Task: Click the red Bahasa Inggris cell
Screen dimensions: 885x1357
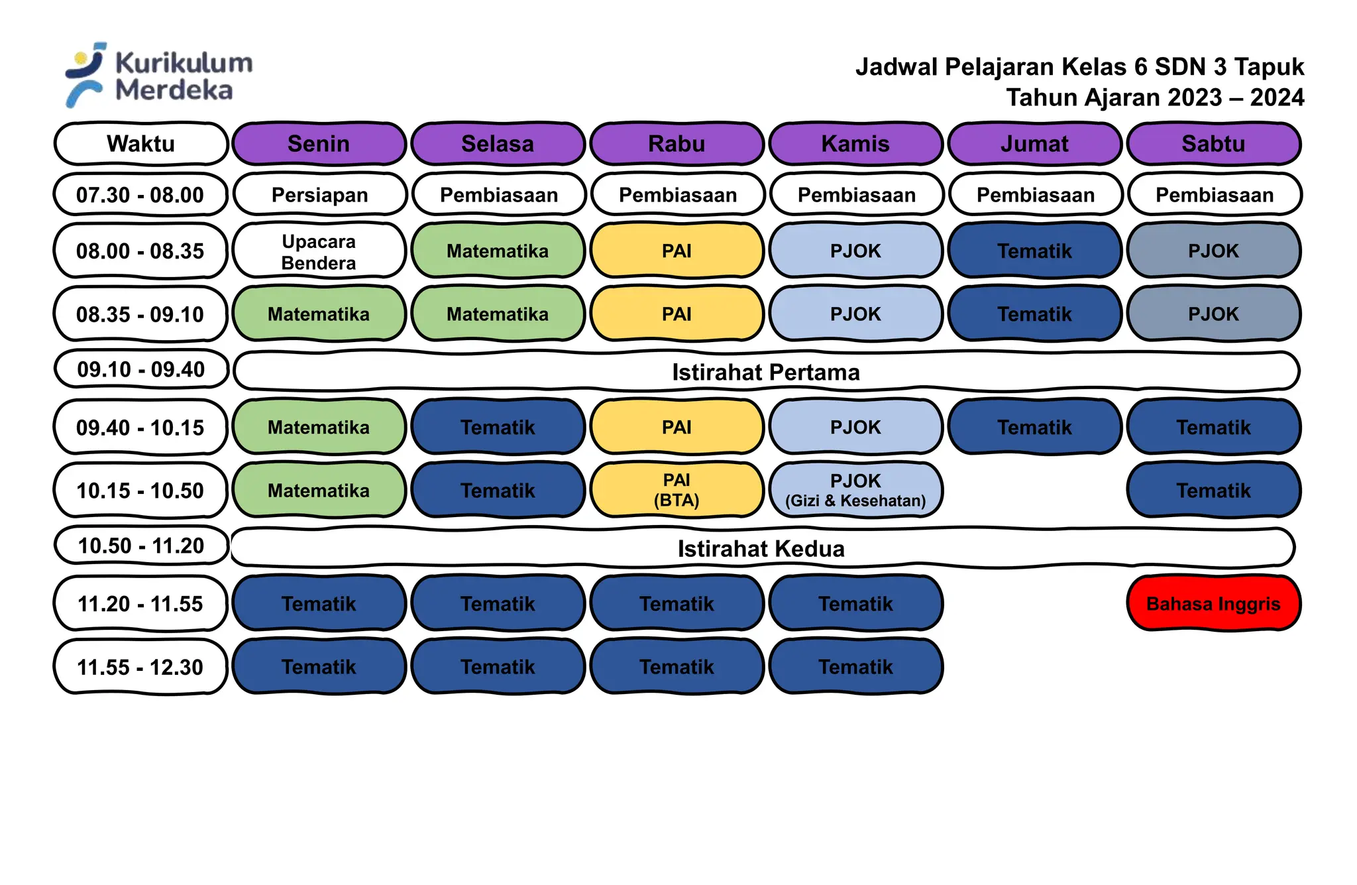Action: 1213,603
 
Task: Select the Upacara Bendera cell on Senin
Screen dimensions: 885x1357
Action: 319,251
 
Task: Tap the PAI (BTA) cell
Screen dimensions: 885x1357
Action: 677,490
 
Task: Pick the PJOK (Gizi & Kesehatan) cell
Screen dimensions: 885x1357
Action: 855,490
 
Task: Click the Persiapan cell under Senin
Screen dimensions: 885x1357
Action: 319,195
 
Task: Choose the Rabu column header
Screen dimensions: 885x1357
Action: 677,143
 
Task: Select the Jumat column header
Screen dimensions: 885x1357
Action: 1034,143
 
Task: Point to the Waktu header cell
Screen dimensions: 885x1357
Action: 140,143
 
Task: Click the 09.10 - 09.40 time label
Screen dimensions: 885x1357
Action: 140,369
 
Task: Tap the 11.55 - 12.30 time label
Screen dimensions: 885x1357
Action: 140,667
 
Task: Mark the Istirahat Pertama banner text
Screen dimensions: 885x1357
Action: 766,372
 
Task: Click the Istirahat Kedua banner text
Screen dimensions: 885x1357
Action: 761,549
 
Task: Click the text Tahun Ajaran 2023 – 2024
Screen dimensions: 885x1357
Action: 1154,97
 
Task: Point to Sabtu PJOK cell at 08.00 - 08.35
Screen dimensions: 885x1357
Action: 1213,251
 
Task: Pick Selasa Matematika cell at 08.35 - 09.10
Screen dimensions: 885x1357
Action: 498,314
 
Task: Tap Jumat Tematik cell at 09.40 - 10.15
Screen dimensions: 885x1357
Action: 1034,428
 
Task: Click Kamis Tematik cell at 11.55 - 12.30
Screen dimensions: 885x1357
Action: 855,667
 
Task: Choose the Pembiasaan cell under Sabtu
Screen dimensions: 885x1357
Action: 1215,195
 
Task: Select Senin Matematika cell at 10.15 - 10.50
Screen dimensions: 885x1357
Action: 319,491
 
